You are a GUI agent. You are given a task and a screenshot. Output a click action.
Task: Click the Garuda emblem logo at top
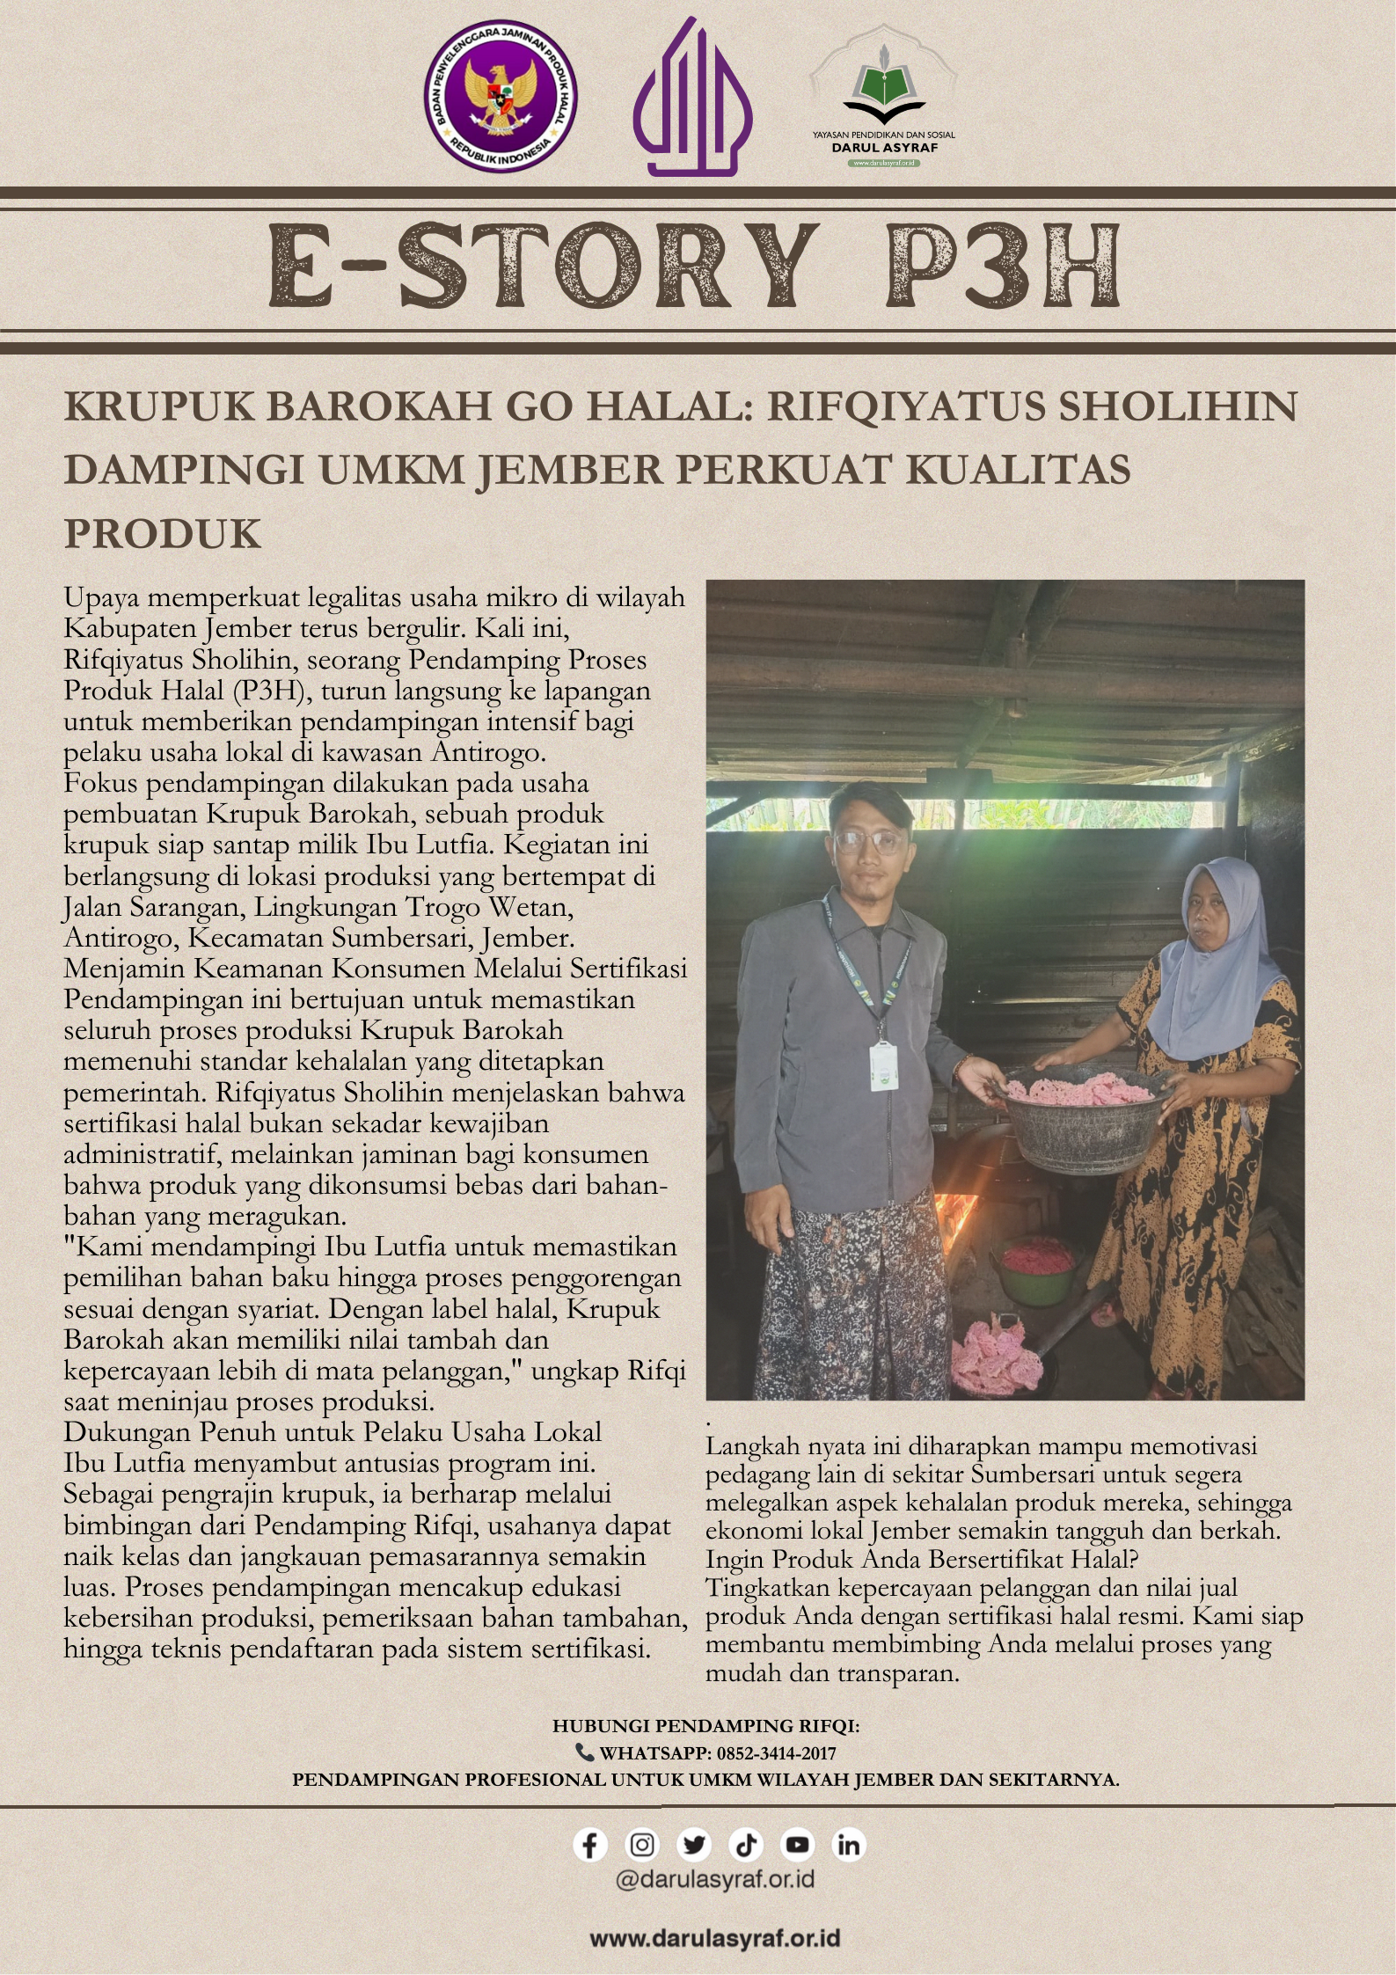(x=501, y=97)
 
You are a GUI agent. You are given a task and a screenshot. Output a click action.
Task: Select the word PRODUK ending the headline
(x=163, y=534)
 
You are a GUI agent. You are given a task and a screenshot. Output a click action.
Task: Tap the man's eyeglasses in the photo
(x=869, y=842)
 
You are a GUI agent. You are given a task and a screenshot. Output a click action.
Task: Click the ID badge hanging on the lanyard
(x=883, y=1057)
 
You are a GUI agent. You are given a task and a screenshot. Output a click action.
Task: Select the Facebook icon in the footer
(x=590, y=1845)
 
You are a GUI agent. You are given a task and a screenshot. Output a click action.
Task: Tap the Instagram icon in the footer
(x=642, y=1845)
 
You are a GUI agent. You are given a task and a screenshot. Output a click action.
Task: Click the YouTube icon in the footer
(x=797, y=1845)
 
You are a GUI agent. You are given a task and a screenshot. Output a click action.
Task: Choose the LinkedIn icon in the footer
(x=849, y=1845)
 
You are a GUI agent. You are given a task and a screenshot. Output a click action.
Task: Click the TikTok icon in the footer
(x=745, y=1845)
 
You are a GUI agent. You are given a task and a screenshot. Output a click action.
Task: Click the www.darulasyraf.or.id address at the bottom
(x=714, y=1938)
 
